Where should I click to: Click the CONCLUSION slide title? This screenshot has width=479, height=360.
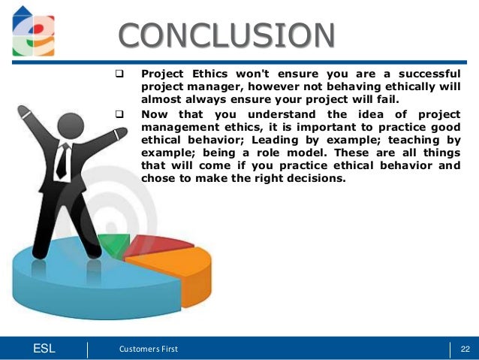point(227,35)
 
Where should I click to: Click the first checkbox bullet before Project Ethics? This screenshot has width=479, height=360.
point(119,75)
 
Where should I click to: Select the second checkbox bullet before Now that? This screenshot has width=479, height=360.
point(119,114)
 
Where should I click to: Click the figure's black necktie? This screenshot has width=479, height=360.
point(63,159)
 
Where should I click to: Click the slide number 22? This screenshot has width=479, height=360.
point(464,348)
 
